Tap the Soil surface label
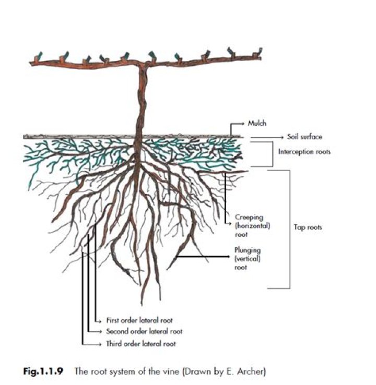coord(304,137)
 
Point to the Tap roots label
coord(308,227)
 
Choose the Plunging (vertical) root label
coord(248,258)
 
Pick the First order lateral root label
coord(139,320)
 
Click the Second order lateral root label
coord(144,331)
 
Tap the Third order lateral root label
coord(140,344)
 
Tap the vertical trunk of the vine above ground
coord(140,99)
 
